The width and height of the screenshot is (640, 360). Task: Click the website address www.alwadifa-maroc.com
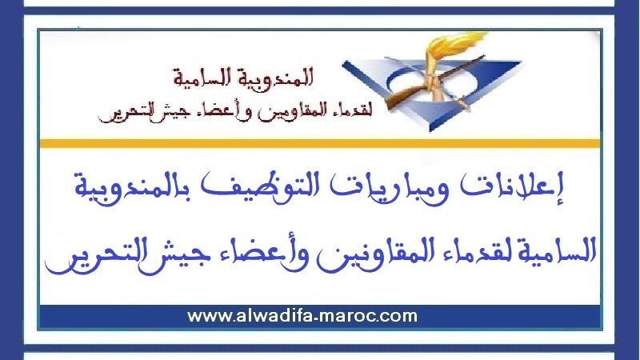tap(302, 315)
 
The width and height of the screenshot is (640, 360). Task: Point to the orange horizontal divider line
tap(320, 142)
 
